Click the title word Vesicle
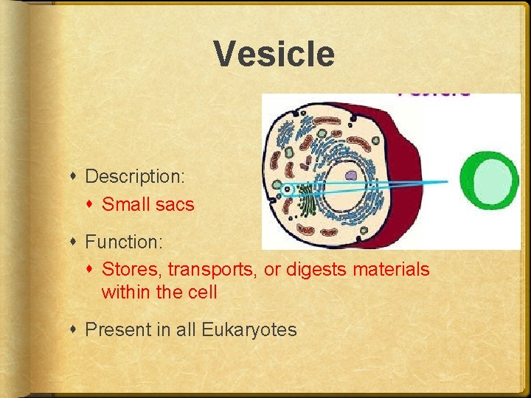(x=274, y=55)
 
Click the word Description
(x=133, y=177)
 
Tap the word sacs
(x=175, y=205)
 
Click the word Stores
(x=127, y=270)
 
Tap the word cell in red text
(x=201, y=293)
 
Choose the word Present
(x=118, y=329)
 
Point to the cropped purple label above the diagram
(x=434, y=93)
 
